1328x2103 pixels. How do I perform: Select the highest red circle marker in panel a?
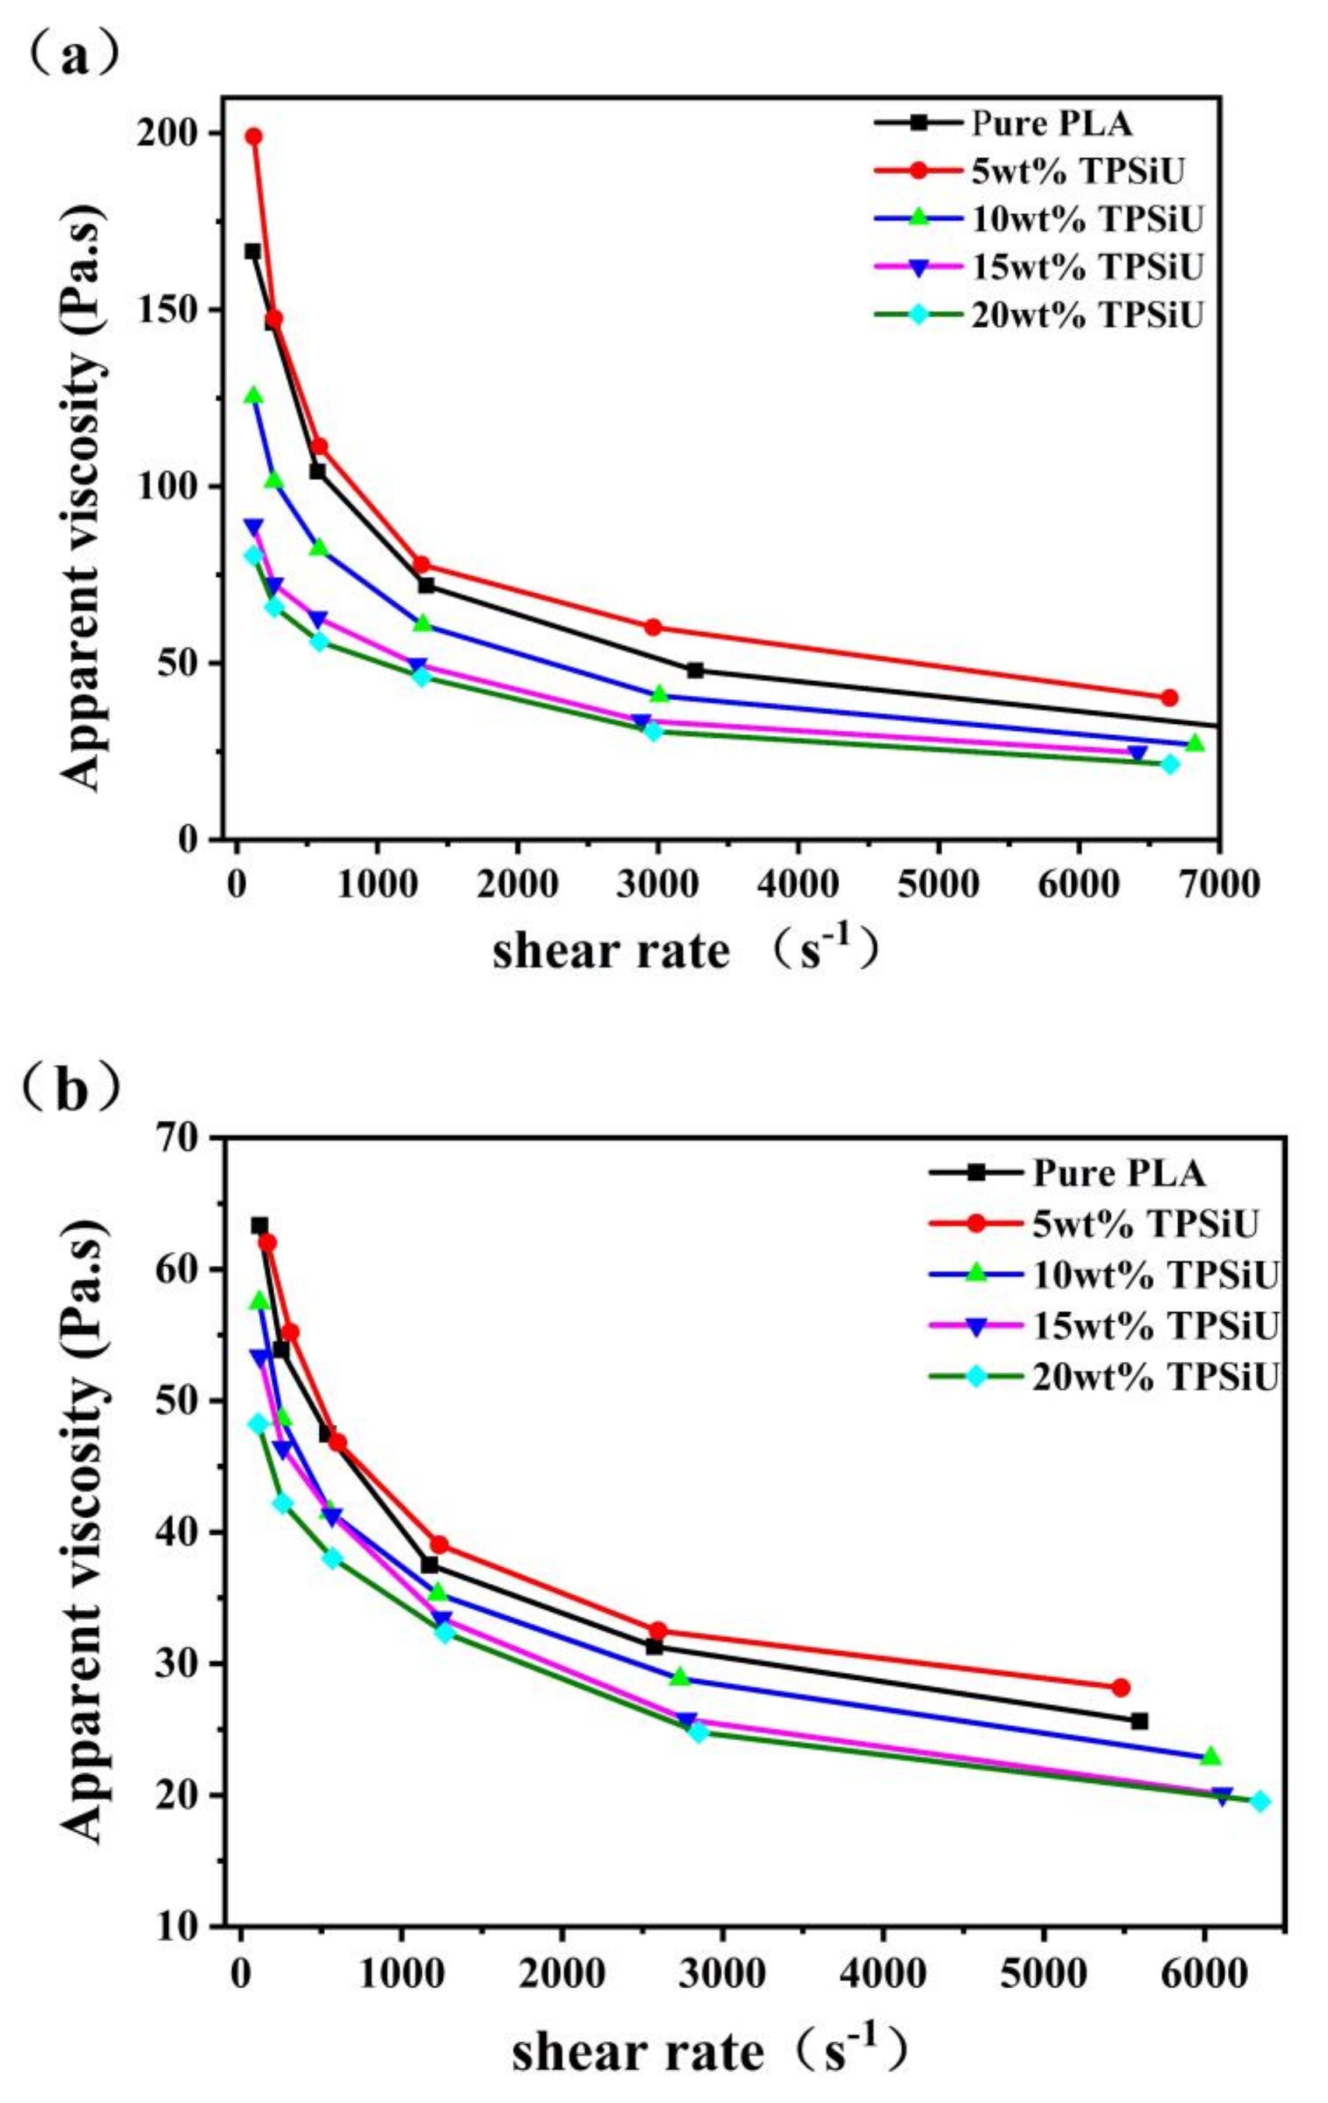coord(254,136)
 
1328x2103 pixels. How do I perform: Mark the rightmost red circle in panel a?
coord(1170,697)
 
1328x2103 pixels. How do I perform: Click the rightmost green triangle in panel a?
coord(1195,743)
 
